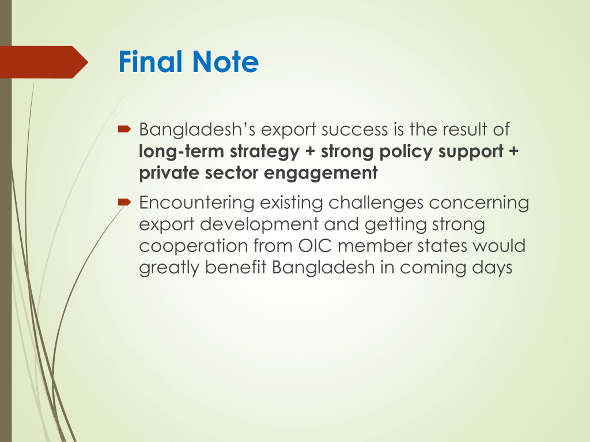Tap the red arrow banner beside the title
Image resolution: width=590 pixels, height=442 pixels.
(44, 62)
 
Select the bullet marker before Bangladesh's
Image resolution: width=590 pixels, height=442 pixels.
(124, 129)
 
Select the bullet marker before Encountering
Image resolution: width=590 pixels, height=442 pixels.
(124, 202)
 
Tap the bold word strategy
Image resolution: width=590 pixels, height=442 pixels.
(265, 152)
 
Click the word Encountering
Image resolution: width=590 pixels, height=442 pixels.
(197, 203)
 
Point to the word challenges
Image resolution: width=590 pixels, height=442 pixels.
(376, 203)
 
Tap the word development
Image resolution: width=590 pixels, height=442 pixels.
(259, 225)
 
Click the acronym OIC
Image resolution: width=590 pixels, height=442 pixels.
(315, 246)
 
